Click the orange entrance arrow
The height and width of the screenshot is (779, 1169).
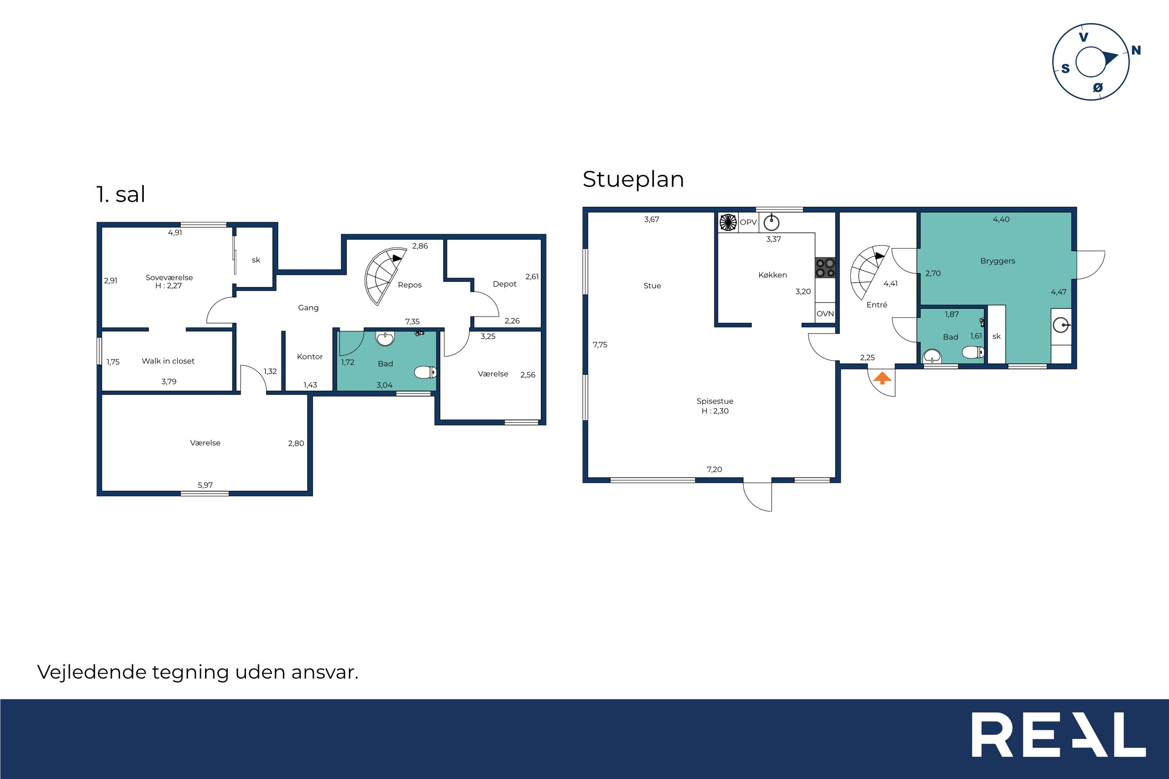(882, 378)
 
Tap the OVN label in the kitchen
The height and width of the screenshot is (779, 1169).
(825, 313)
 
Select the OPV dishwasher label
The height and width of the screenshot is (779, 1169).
(748, 222)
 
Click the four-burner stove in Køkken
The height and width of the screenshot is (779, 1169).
(825, 267)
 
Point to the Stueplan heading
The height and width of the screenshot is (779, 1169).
(634, 179)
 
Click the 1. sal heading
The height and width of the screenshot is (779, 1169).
(121, 194)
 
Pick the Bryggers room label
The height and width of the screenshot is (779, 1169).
(998, 261)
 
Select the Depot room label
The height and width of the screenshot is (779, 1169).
(505, 284)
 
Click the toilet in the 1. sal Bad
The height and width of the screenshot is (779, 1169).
(425, 372)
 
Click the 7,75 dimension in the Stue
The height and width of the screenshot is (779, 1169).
(600, 345)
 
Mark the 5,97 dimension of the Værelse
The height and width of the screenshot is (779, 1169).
(205, 485)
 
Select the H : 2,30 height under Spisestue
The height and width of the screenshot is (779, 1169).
(715, 411)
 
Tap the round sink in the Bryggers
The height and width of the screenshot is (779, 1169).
(1061, 326)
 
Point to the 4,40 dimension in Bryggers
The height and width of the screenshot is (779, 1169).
(1001, 219)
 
